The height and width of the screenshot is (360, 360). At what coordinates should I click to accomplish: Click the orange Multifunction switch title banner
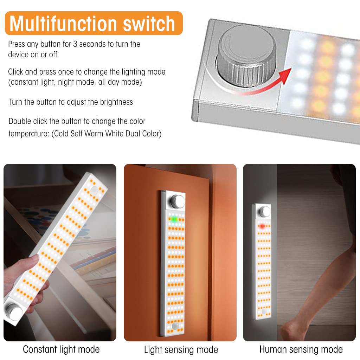(x=93, y=23)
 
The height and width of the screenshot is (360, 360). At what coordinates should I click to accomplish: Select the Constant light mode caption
(x=61, y=349)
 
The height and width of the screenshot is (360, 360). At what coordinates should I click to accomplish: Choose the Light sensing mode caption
(x=181, y=349)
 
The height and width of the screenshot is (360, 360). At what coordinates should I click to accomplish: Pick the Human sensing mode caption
(x=301, y=349)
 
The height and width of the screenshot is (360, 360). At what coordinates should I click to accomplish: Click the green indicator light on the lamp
(x=173, y=219)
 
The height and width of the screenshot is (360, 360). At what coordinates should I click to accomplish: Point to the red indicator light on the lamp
(x=262, y=226)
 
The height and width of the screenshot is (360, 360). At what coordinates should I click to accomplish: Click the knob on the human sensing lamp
(x=264, y=212)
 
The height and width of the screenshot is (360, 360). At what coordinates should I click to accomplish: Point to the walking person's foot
(x=294, y=332)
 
